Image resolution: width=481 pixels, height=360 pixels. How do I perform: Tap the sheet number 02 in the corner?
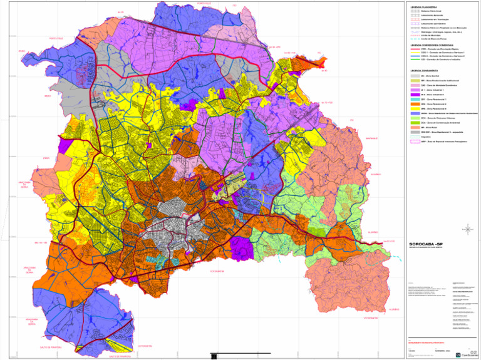pos(473,353)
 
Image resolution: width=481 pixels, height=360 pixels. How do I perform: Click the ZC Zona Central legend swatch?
pos(415,76)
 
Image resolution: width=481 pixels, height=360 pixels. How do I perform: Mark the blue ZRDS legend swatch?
pos(415,113)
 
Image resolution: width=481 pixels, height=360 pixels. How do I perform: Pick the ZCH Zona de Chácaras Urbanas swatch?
pos(415,118)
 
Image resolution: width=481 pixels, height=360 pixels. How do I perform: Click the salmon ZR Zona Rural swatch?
pos(415,127)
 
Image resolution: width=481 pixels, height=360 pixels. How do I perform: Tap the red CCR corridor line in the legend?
pos(415,49)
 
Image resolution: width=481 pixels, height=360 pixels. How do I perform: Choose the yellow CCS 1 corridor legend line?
pos(415,53)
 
